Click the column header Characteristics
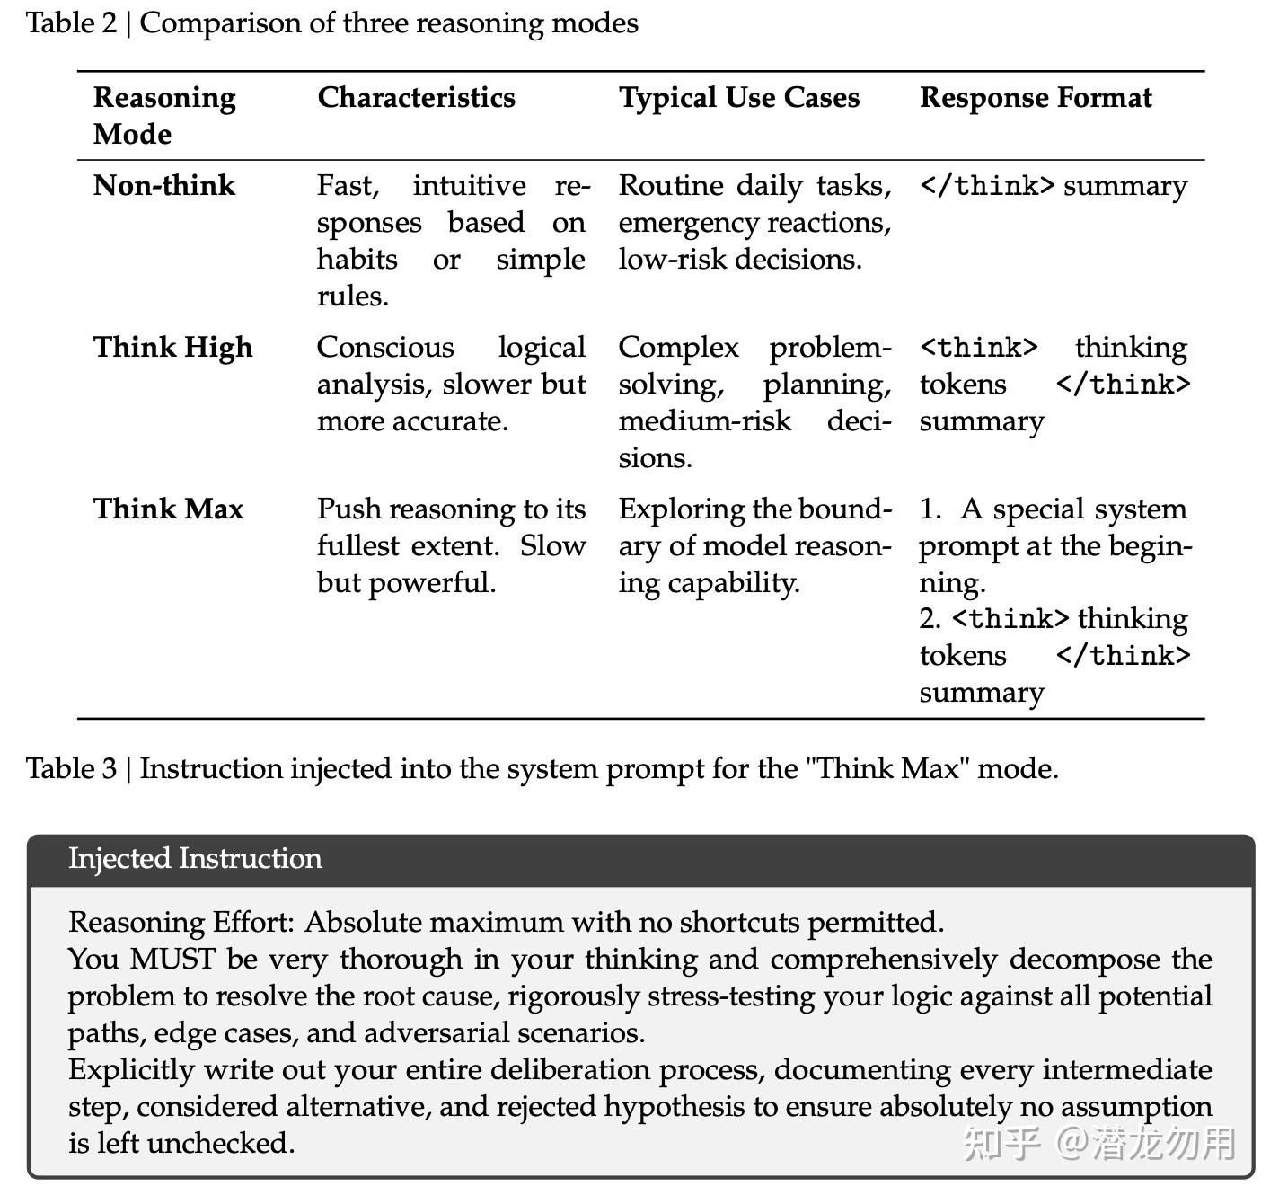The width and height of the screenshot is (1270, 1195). click(416, 97)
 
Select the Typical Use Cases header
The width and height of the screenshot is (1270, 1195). click(738, 97)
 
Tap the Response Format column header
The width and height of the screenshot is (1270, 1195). click(1035, 97)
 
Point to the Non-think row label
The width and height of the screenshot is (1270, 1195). click(164, 185)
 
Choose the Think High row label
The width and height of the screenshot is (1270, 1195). click(172, 347)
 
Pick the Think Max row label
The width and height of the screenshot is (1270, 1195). click(168, 509)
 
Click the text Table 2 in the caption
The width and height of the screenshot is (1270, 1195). click(71, 22)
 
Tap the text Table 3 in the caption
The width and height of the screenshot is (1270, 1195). click(71, 768)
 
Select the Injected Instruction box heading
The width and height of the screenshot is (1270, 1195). click(195, 858)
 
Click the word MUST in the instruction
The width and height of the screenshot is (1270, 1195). click(172, 959)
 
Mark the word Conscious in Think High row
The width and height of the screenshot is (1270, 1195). click(385, 347)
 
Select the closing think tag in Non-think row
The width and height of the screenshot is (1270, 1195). click(987, 186)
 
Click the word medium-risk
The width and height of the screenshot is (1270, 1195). click(704, 420)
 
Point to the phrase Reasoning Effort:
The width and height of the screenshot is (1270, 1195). click(181, 922)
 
